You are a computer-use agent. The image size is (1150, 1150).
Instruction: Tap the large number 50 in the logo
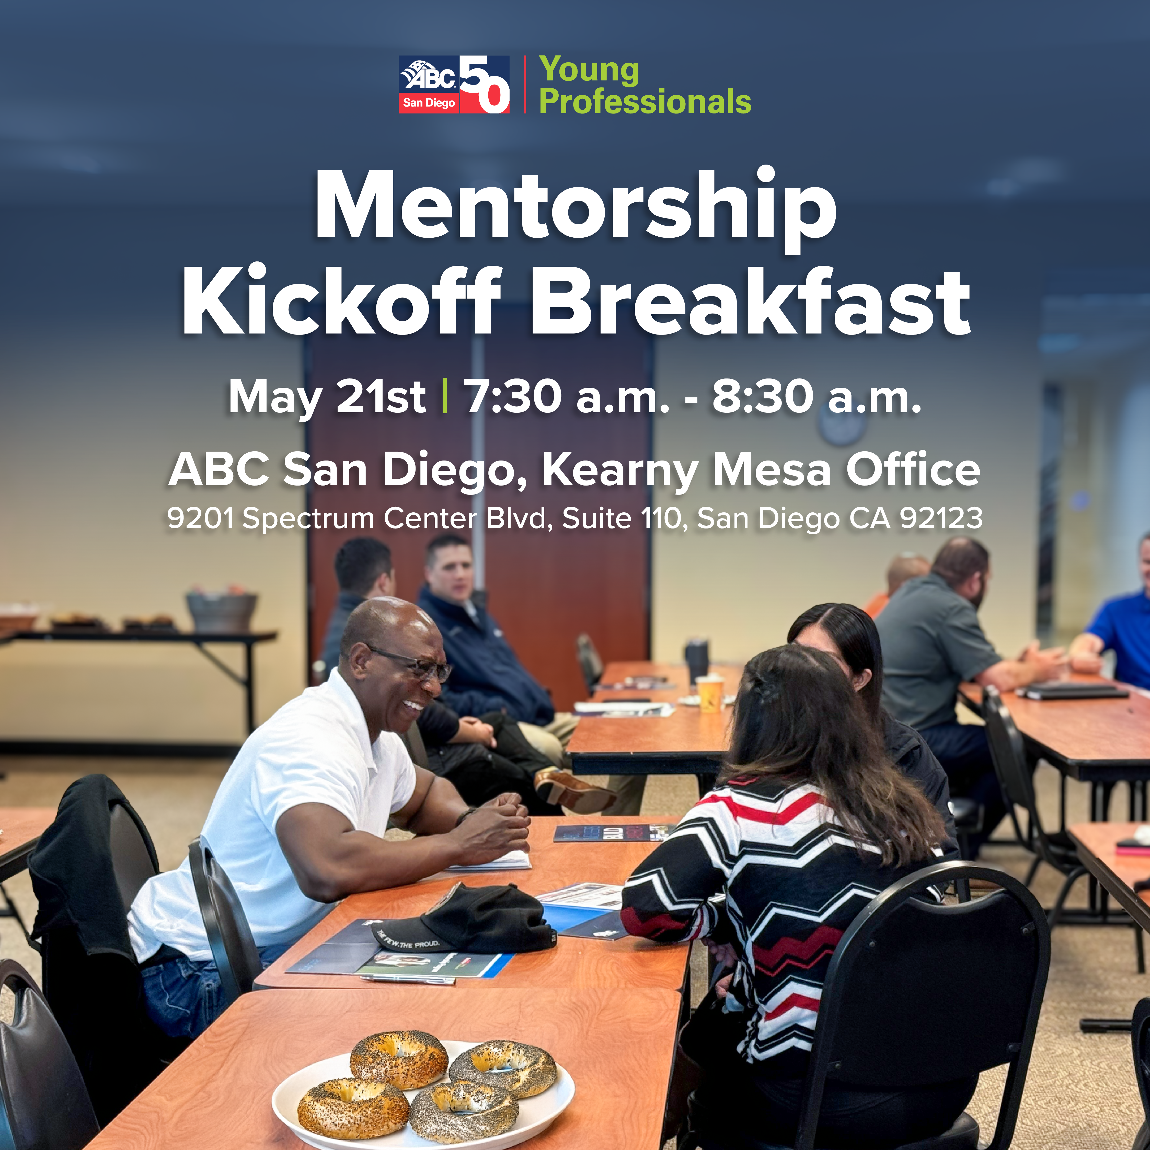point(485,85)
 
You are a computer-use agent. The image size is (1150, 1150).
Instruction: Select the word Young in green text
point(589,70)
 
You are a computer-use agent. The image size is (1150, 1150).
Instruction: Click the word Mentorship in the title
point(576,208)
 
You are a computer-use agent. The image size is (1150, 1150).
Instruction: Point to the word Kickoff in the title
point(342,301)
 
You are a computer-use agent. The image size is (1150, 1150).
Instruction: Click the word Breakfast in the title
point(750,301)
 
